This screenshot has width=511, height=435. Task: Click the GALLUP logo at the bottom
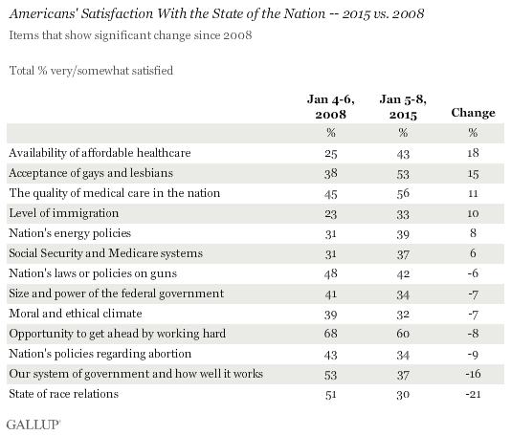(33, 424)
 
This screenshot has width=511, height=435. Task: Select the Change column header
(473, 113)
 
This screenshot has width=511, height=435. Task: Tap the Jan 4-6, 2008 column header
(331, 107)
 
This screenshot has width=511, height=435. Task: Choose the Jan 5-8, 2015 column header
(403, 107)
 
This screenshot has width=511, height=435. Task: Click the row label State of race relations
(64, 394)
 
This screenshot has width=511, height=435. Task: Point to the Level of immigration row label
(64, 213)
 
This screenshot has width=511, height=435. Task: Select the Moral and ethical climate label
(76, 314)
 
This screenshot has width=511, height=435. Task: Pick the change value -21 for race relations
(473, 394)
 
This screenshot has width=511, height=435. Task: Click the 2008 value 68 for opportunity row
(330, 334)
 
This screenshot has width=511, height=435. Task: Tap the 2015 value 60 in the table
(403, 334)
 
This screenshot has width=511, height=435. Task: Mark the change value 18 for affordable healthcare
(473, 153)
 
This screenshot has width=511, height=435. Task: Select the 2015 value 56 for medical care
(403, 193)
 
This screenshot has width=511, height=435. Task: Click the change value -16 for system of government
(473, 374)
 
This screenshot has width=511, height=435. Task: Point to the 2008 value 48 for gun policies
(330, 273)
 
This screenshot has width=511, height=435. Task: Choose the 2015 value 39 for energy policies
(403, 233)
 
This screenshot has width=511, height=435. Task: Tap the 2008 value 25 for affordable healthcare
(330, 153)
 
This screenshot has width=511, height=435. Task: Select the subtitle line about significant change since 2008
(130, 35)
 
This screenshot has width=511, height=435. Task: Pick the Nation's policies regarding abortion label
(100, 354)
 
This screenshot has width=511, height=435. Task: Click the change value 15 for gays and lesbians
(473, 173)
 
